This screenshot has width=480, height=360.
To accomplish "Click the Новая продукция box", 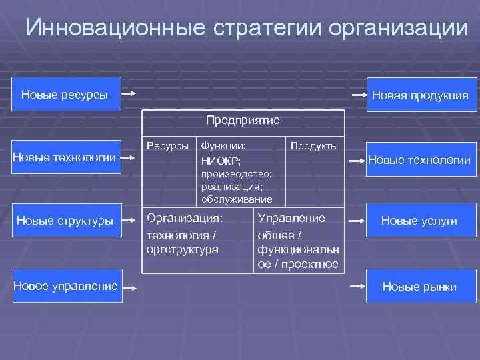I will point(419,96).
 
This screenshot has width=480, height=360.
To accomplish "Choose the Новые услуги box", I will point(419,221).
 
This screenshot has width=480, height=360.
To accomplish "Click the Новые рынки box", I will point(419,287).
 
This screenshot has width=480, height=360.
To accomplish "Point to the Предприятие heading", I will point(243,120).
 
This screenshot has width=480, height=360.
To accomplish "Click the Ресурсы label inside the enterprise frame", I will point(167,145).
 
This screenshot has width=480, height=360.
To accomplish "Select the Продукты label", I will point(315,145).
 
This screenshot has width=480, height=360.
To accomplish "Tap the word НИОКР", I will point(221,160).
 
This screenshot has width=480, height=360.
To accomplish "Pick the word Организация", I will point(185,218).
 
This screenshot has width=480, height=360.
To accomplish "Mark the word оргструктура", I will point(182,249).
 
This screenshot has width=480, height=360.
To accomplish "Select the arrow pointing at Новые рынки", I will point(357,286).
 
